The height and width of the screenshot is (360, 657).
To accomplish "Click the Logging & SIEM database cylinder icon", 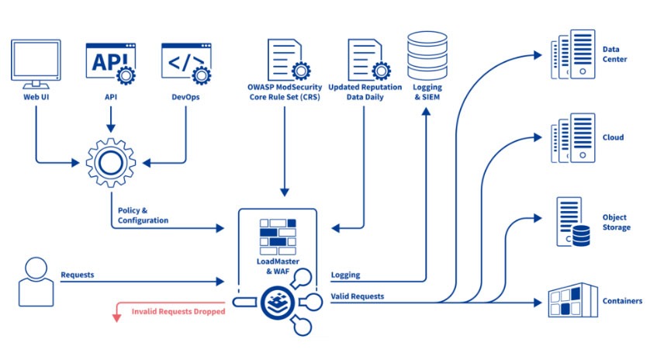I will [x=424, y=59].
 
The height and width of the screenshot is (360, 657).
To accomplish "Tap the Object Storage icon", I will [x=573, y=222].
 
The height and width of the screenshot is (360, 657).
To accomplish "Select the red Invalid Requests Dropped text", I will [x=178, y=311].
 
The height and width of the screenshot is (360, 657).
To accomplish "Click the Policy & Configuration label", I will [x=142, y=215].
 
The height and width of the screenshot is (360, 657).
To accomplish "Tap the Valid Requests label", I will [x=357, y=296].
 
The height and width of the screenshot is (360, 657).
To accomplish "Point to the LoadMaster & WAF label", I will [x=278, y=265].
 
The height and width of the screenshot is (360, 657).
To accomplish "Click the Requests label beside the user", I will [x=78, y=275].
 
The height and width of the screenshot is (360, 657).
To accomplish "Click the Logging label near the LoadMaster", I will [x=345, y=275].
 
